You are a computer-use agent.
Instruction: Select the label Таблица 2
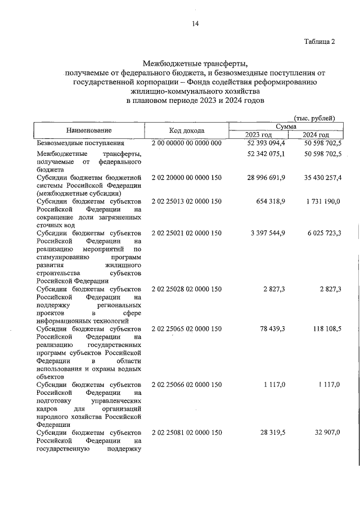(x=319, y=42)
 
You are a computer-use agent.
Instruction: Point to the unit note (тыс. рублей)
(x=314, y=118)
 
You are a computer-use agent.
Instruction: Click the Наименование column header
(x=89, y=130)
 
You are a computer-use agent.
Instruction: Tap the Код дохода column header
(x=187, y=130)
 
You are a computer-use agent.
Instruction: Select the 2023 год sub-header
(x=258, y=135)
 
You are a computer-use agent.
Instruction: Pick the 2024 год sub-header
(x=315, y=135)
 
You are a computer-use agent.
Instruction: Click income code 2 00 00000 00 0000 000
(x=187, y=144)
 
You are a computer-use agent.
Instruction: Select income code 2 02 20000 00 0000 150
(x=187, y=177)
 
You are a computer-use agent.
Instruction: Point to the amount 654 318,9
(x=270, y=201)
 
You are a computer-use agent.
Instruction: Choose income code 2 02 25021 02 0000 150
(x=187, y=233)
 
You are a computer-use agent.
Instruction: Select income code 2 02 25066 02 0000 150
(x=187, y=384)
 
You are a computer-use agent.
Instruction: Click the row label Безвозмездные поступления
(x=72, y=144)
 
